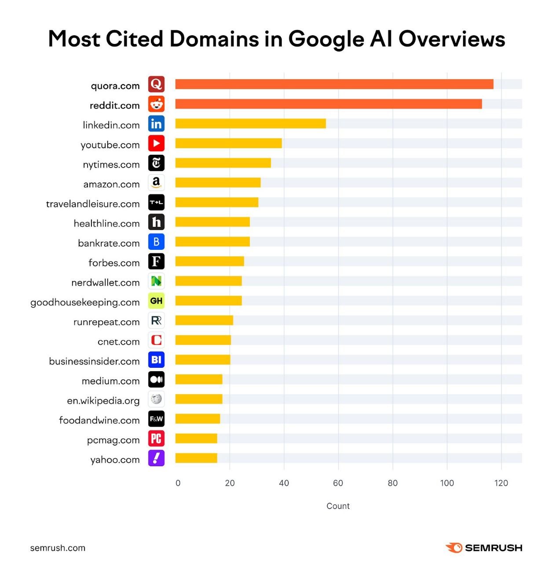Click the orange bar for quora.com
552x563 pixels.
[334, 84]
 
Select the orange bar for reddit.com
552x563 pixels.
[329, 104]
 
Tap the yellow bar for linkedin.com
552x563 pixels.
[250, 124]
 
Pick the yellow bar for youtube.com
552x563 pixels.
[228, 143]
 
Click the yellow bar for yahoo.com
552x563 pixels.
[196, 458]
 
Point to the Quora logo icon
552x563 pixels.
[156, 84]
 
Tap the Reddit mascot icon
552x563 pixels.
[156, 104]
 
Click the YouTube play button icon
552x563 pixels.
[156, 143]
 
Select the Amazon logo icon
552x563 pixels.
[156, 183]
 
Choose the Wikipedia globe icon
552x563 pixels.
[156, 399]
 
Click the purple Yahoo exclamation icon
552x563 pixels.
[156, 458]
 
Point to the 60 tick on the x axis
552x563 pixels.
[338, 483]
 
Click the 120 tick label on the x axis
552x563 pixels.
[501, 483]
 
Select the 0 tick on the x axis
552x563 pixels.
[178, 483]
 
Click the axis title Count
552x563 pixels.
[338, 506]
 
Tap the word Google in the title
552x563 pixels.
[326, 39]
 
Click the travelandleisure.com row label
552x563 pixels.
[93, 204]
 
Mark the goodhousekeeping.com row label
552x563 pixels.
[85, 302]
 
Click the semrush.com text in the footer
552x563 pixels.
[58, 548]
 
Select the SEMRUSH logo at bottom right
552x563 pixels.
[484, 548]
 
